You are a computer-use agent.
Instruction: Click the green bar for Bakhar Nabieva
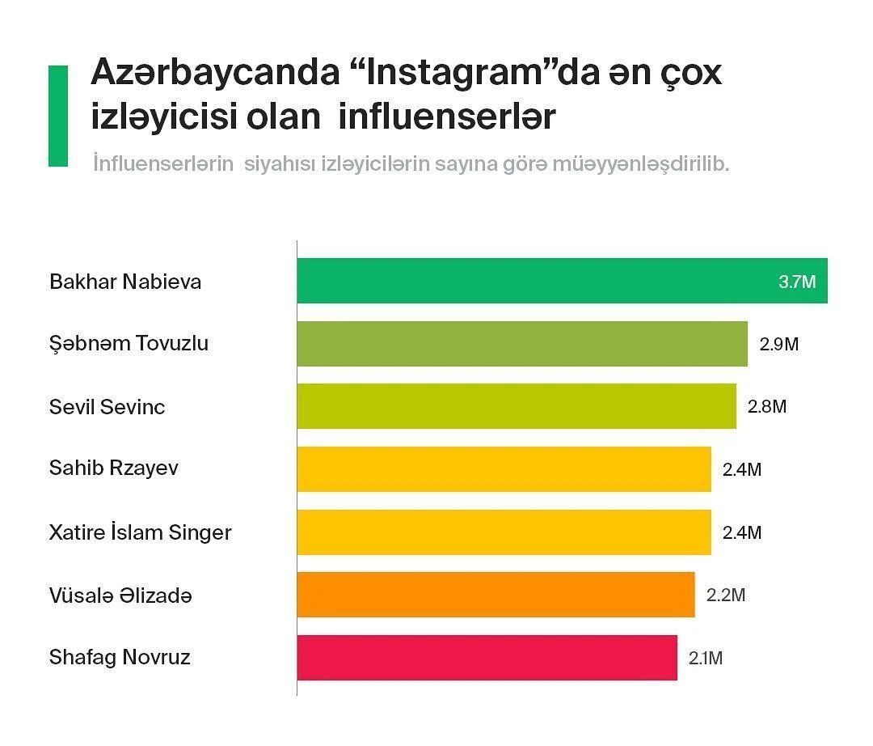[533, 281]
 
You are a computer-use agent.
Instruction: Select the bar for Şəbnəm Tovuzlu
[521, 344]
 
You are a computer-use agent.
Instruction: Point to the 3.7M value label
[797, 282]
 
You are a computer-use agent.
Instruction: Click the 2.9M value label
[779, 344]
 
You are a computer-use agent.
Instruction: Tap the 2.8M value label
[767, 406]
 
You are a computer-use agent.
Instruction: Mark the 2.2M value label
[726, 596]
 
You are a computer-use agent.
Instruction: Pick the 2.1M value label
[706, 659]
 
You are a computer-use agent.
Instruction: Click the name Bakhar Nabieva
[125, 282]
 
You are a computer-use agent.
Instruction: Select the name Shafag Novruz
[120, 657]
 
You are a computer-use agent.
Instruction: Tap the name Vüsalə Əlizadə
[120, 596]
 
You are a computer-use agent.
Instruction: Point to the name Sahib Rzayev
[114, 468]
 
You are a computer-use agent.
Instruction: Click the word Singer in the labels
[200, 533]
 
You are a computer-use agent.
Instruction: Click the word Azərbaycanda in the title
[216, 74]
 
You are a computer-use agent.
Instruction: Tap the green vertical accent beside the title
[58, 116]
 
